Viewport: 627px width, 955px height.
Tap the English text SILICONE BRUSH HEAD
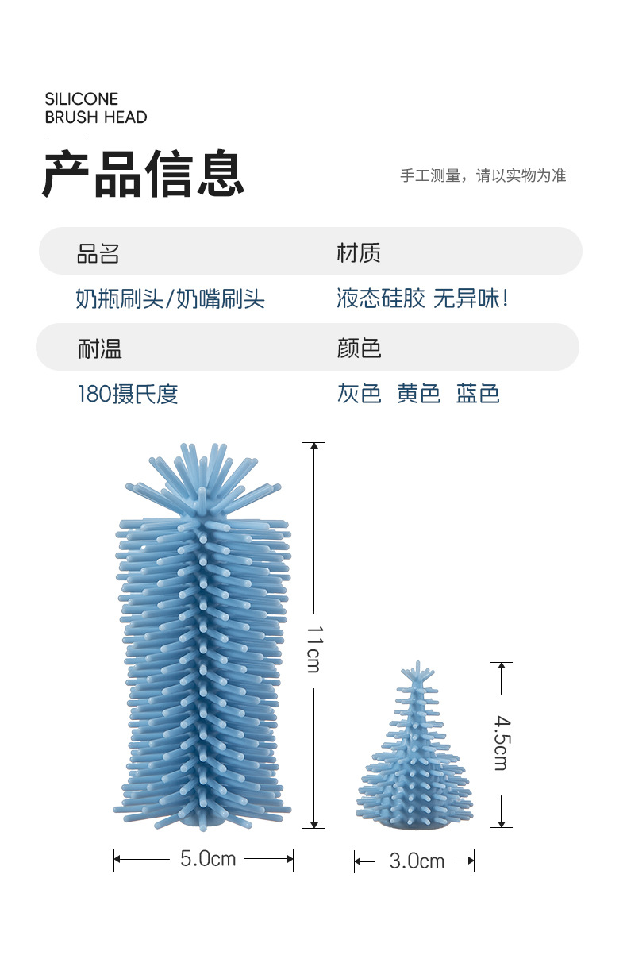tap(95, 108)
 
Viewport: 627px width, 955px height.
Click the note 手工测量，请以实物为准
tap(483, 175)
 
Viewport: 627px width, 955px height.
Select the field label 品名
tap(98, 253)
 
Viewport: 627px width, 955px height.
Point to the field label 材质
tap(359, 253)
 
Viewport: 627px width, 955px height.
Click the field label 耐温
tap(99, 348)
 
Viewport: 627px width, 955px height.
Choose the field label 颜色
tap(359, 348)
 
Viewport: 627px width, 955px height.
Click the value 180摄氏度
tap(128, 395)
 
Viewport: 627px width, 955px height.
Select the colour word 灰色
tap(359, 395)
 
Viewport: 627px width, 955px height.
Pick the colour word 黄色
tap(418, 395)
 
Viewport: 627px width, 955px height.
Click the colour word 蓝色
tap(478, 395)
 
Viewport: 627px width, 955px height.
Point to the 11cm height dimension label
tap(314, 648)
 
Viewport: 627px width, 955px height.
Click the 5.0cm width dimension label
tap(207, 858)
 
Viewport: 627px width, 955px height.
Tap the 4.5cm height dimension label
tap(502, 743)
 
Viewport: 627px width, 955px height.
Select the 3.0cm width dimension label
tap(417, 861)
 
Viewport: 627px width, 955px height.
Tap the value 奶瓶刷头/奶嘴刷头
tap(170, 299)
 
